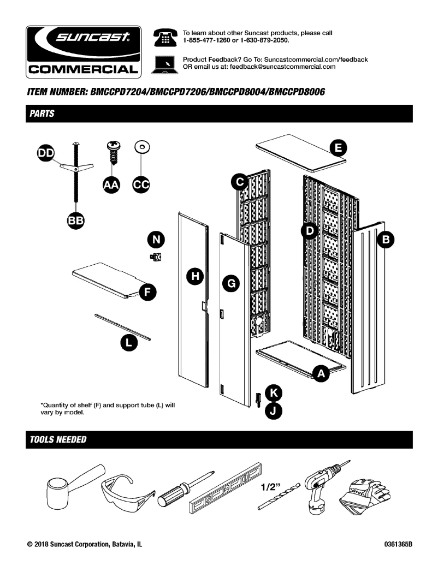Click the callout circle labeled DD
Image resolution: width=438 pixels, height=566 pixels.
[46, 154]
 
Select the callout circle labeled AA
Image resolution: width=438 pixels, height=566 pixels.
[113, 186]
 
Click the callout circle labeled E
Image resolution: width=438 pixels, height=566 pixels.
[339, 147]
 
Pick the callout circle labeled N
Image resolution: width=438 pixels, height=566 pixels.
[157, 239]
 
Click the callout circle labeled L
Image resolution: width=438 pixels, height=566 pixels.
[128, 343]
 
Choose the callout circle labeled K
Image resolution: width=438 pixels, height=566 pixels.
[274, 392]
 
